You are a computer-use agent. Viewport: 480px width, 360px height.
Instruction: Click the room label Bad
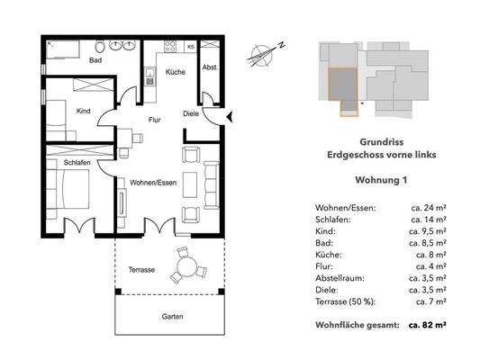pyautogui.click(x=95, y=61)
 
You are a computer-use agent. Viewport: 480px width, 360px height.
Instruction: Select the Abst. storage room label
pyautogui.click(x=209, y=66)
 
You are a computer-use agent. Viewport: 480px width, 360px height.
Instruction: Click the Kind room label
pyautogui.click(x=84, y=112)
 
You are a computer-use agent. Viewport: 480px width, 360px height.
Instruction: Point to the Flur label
pyautogui.click(x=155, y=118)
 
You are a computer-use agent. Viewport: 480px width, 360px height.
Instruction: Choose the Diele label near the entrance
pyautogui.click(x=190, y=114)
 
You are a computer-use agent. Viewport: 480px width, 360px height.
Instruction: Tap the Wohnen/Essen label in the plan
pyautogui.click(x=152, y=183)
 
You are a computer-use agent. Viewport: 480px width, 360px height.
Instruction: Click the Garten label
pyautogui.click(x=173, y=317)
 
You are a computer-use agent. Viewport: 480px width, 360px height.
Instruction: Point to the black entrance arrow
pyautogui.click(x=231, y=114)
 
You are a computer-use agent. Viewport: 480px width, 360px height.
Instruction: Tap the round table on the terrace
pyautogui.click(x=186, y=266)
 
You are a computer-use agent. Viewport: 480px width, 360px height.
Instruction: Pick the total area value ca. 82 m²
pyautogui.click(x=430, y=321)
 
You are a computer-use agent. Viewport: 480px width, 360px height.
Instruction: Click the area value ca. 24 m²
pyautogui.click(x=430, y=208)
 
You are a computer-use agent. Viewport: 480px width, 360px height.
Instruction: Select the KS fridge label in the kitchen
pyautogui.click(x=190, y=46)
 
